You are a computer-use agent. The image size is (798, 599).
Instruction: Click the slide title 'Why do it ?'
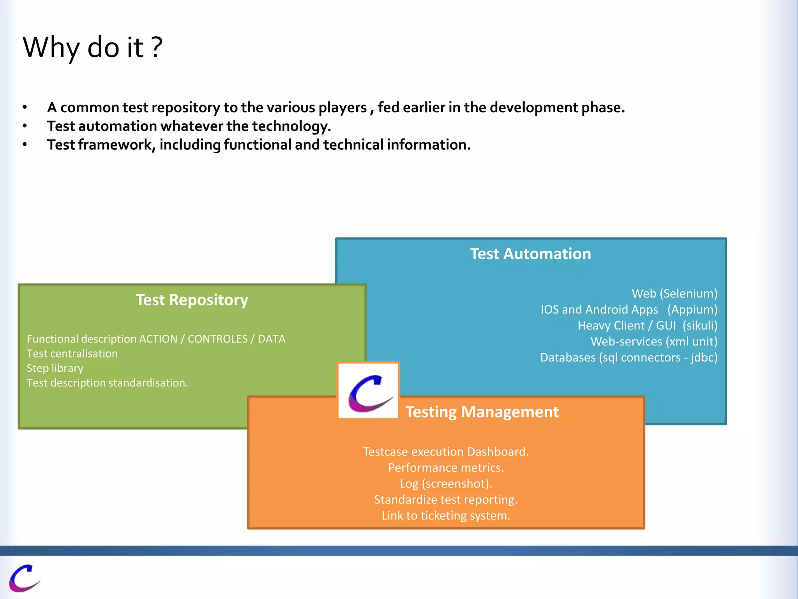[x=92, y=47]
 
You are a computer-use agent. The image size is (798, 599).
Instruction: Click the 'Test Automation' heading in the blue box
[x=530, y=254]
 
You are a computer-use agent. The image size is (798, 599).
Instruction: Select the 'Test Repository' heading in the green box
[x=192, y=300]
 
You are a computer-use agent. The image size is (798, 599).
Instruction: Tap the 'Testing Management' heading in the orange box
[x=482, y=412]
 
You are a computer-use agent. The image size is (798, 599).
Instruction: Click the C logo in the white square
[x=369, y=391]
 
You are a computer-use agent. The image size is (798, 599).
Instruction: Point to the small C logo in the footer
[x=24, y=578]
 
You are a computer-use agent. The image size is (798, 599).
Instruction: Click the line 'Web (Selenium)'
[x=674, y=293]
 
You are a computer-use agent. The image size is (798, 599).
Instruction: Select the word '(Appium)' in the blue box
[x=692, y=309]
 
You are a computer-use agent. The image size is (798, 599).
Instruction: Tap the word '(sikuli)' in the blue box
[x=699, y=325]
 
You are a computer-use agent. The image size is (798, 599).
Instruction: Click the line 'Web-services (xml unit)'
[x=653, y=341]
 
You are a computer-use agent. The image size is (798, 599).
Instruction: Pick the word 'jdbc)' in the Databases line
[x=704, y=357]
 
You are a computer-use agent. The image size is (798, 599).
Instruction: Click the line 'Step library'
[x=55, y=368]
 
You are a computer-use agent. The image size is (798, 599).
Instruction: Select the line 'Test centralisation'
[x=72, y=353]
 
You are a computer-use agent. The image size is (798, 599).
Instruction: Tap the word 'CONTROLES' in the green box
[x=217, y=339]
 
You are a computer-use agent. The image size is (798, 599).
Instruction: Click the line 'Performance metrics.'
[x=446, y=468]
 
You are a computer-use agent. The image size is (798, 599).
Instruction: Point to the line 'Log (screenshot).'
[x=446, y=484]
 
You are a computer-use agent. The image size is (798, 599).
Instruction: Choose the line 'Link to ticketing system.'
[x=446, y=516]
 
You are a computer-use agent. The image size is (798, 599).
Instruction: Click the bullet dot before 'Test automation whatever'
[x=25, y=126]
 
